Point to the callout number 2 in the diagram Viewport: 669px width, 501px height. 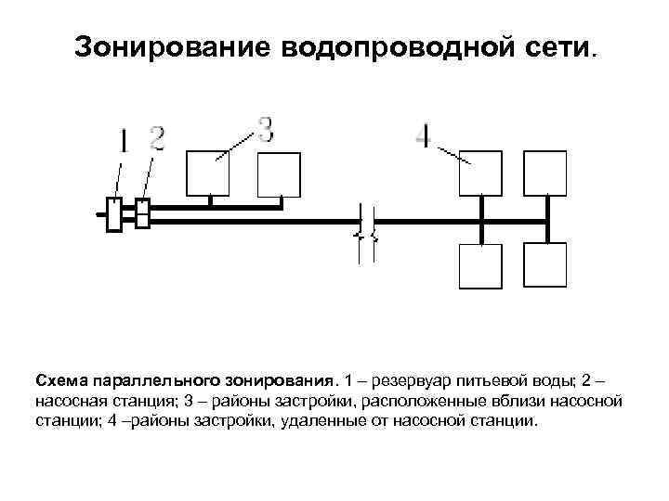157,139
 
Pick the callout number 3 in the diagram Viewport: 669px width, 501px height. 266,128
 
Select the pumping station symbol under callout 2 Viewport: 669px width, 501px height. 142,213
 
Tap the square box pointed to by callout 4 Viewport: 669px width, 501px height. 480,173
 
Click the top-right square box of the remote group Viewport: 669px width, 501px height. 544,173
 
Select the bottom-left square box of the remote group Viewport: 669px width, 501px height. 480,265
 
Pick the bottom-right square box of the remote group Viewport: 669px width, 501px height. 544,265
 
